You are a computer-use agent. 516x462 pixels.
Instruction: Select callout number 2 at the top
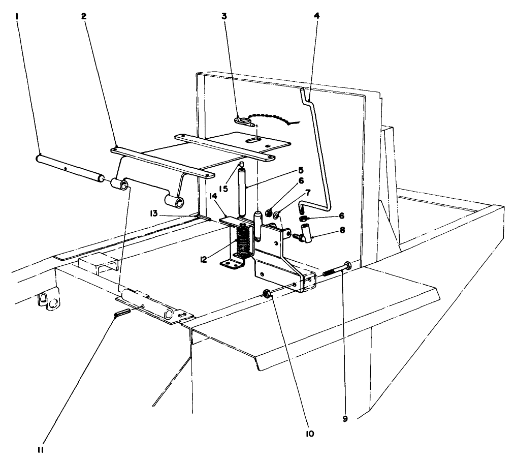pos(84,16)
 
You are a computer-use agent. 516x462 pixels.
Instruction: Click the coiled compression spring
pos(244,243)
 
